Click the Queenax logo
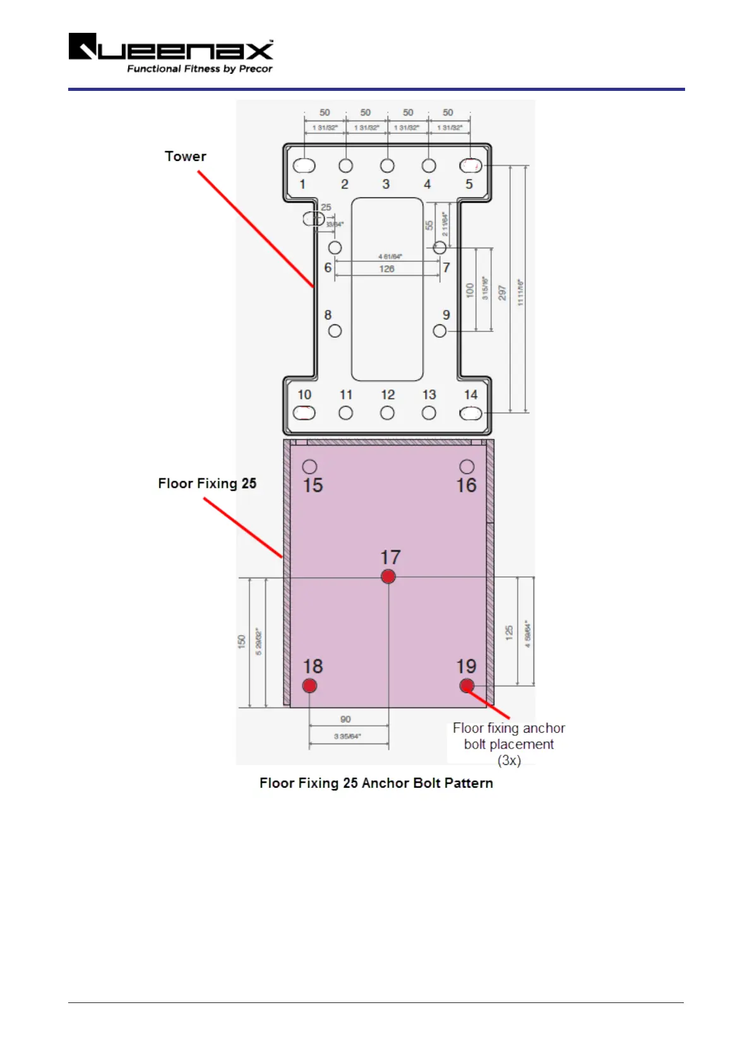click(170, 53)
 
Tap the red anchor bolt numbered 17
click(388, 576)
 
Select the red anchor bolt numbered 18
click(309, 686)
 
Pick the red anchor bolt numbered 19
click(467, 686)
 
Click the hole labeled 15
click(309, 466)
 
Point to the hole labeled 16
click(467, 466)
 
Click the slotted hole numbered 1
click(304, 165)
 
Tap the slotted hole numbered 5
click(470, 165)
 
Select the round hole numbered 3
click(387, 165)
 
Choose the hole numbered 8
click(335, 331)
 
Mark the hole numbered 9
click(439, 331)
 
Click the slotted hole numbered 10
click(304, 413)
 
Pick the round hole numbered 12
click(387, 413)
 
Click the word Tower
click(185, 157)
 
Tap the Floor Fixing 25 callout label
click(207, 484)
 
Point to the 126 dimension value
click(386, 269)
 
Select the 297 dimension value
click(502, 293)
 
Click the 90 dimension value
click(345, 719)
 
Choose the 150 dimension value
click(242, 641)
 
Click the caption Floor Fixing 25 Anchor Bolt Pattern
click(376, 783)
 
